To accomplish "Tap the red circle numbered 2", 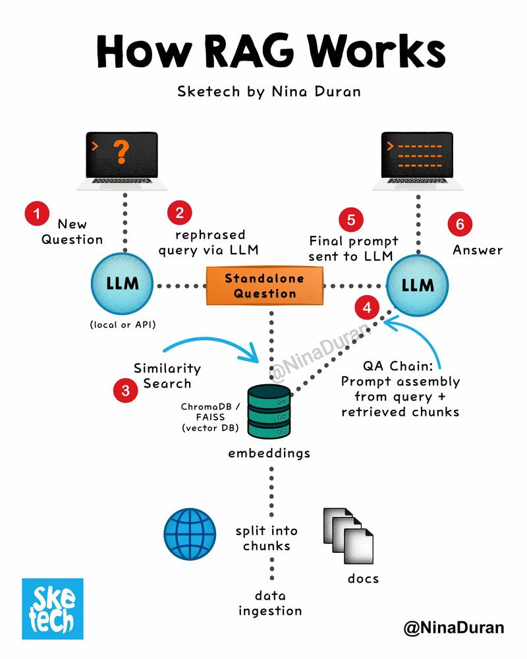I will pos(179,212).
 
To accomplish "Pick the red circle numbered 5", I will pos(350,219).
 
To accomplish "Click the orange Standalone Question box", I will pos(265,286).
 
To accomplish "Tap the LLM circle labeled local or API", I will pos(123,285).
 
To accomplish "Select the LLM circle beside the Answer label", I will pos(418,286).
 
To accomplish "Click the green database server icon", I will pos(268,411).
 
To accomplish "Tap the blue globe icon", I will pos(190,532).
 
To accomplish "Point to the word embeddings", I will pos(269,453).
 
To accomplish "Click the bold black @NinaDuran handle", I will pos(453,628).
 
